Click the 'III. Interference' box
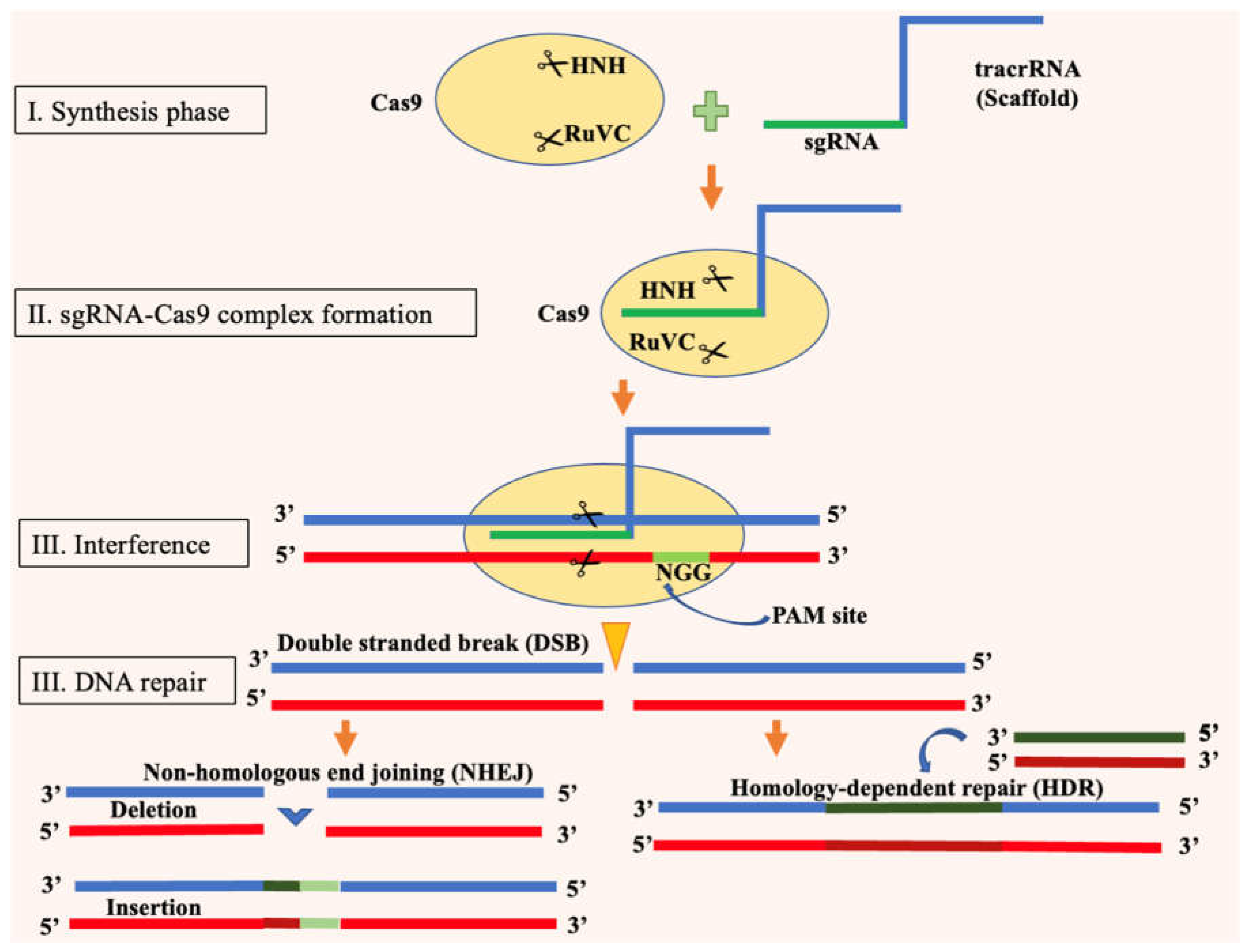(133, 543)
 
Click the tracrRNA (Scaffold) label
(1026, 84)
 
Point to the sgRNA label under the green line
(841, 142)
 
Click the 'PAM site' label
(819, 615)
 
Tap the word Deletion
(153, 809)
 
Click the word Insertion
(153, 908)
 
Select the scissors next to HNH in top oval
(552, 64)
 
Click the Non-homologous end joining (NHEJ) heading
(337, 772)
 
